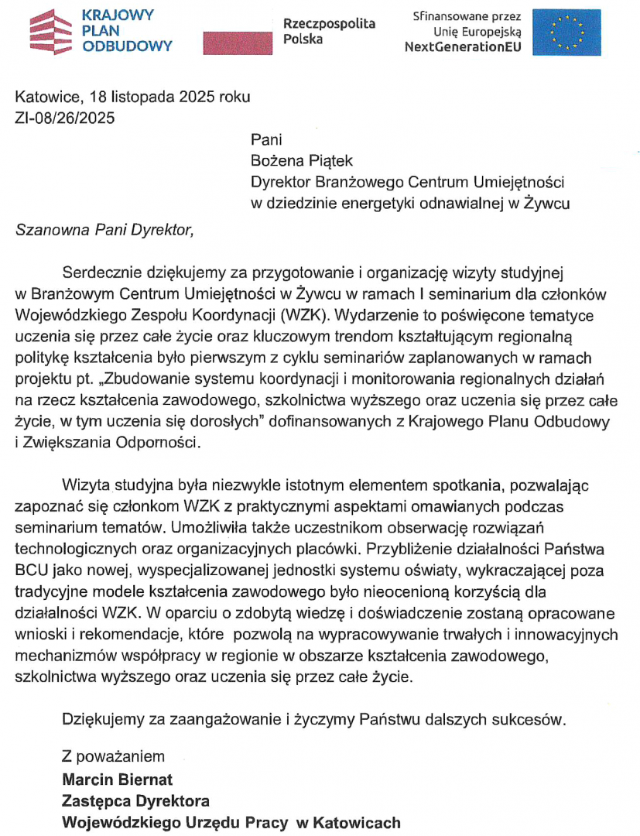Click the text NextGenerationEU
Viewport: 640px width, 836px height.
(463, 46)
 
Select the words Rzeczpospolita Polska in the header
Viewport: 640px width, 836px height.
(329, 31)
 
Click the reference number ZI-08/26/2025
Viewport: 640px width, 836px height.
(65, 118)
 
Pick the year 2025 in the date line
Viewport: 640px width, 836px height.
(197, 98)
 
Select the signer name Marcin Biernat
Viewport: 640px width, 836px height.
(118, 779)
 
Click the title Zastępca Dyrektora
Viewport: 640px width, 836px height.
(135, 800)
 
